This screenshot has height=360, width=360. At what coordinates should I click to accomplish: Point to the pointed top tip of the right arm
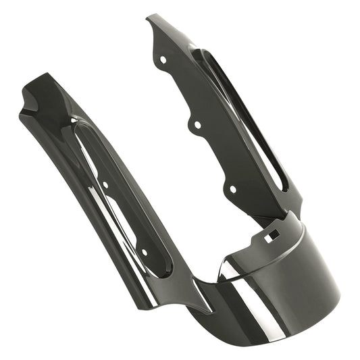tap(149, 18)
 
